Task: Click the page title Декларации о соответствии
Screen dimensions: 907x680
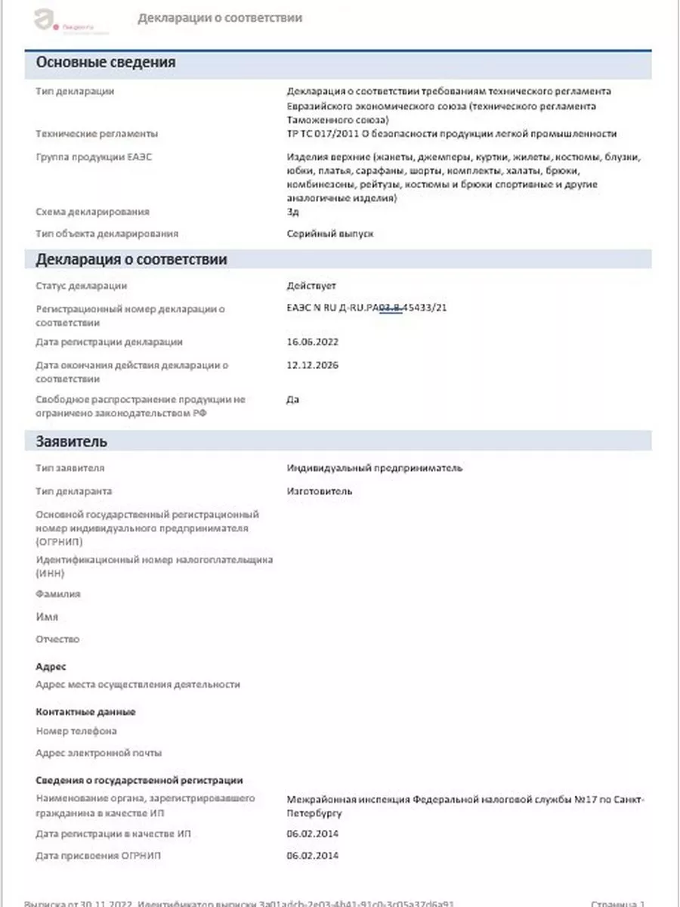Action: point(220,18)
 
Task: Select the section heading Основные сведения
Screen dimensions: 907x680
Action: point(106,63)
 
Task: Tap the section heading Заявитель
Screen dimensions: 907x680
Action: point(72,441)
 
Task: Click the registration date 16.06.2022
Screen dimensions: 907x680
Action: point(313,342)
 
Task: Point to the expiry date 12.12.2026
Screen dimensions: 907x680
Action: point(313,365)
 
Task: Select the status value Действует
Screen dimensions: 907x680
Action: point(311,286)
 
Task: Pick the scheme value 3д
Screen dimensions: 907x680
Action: point(293,212)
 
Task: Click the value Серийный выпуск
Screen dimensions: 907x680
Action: point(330,234)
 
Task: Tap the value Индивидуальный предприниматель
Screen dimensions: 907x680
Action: point(375,469)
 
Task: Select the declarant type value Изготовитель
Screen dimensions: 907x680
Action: point(320,491)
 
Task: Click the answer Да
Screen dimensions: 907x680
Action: point(293,399)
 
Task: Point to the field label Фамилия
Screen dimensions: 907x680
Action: point(58,595)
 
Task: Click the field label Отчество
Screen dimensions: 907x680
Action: point(57,640)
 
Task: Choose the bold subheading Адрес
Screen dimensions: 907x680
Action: point(51,667)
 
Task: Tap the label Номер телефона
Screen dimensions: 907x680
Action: point(76,732)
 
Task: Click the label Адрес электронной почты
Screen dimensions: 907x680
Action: point(99,754)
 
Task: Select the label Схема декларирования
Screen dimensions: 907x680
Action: point(93,212)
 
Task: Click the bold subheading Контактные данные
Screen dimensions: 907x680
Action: point(85,712)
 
